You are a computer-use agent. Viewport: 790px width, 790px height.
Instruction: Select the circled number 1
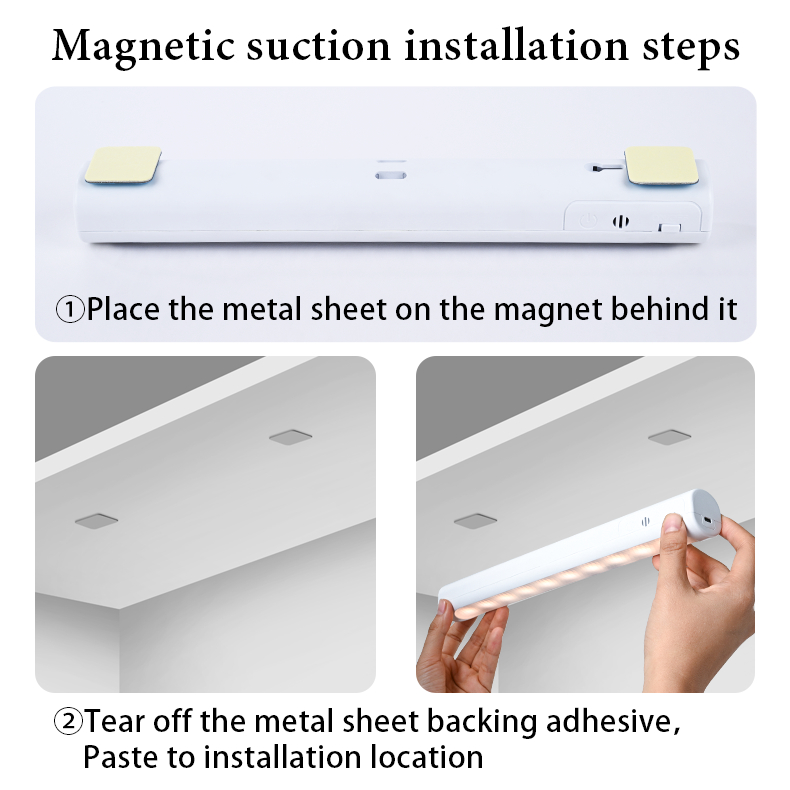[70, 309]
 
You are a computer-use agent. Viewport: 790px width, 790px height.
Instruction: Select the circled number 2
[68, 721]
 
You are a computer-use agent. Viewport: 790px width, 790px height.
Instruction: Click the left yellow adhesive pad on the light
[122, 165]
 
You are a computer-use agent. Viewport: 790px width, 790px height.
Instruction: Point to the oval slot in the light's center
[390, 175]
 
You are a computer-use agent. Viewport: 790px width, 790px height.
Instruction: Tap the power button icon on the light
[588, 220]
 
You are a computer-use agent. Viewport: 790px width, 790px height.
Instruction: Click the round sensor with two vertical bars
[621, 221]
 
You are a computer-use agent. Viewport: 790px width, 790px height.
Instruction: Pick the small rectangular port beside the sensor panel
[670, 228]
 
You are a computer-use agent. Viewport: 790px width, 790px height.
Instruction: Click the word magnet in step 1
[548, 310]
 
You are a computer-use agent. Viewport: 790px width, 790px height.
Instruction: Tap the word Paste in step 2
[118, 757]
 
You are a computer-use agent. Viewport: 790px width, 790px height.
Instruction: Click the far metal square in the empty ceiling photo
[290, 437]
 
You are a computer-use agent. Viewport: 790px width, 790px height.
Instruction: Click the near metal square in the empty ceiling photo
[96, 521]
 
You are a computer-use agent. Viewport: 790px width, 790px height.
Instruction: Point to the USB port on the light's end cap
[708, 520]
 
